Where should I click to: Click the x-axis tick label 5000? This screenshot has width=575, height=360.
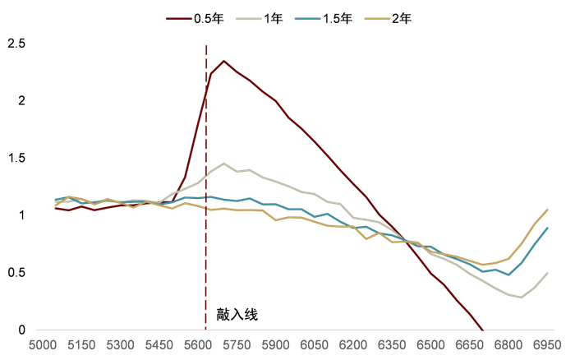click(44, 346)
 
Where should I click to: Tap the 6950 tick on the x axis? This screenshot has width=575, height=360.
click(547, 346)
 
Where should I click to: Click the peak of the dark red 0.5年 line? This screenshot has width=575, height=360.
click(223, 61)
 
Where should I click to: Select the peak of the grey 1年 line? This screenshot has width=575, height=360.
click(223, 163)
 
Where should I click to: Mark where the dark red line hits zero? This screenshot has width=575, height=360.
click(482, 330)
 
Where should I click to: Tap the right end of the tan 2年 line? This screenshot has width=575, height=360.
click(547, 209)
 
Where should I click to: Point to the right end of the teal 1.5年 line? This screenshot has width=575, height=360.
click(547, 228)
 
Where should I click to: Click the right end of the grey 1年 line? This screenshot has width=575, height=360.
click(547, 273)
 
